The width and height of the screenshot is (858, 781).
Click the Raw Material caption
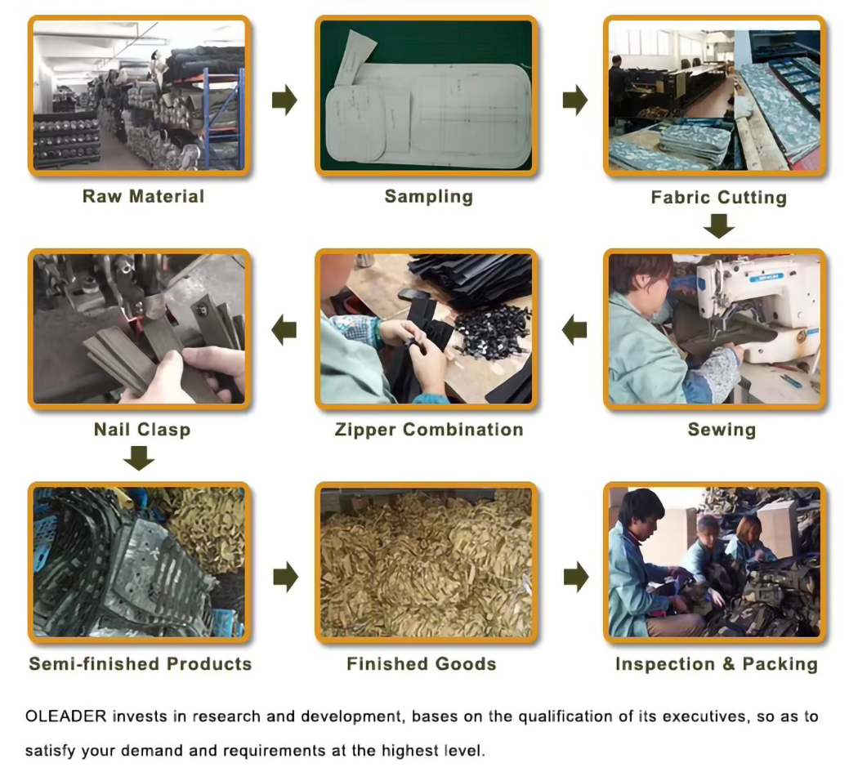(143, 196)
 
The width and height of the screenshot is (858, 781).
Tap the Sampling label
(428, 196)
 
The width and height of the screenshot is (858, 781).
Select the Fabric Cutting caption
(718, 198)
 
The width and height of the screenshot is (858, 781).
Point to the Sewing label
(722, 430)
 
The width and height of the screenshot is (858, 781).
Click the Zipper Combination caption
(429, 430)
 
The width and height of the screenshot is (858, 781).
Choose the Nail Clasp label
(142, 430)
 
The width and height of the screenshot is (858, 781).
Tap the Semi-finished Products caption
(140, 664)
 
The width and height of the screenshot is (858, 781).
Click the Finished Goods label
(422, 664)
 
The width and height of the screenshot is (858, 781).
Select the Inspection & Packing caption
(717, 664)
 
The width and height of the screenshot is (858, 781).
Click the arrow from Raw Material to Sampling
(284, 100)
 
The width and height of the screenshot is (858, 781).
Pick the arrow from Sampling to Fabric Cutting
(575, 100)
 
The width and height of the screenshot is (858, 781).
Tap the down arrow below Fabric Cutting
(719, 225)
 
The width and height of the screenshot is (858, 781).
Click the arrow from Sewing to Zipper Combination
(574, 330)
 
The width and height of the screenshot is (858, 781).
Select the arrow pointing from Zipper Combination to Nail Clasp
(284, 330)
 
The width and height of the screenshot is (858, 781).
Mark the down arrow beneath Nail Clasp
(139, 458)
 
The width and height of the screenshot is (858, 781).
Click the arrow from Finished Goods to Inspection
(576, 577)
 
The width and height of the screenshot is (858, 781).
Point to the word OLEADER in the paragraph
(65, 716)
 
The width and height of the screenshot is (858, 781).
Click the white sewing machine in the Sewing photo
(761, 306)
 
